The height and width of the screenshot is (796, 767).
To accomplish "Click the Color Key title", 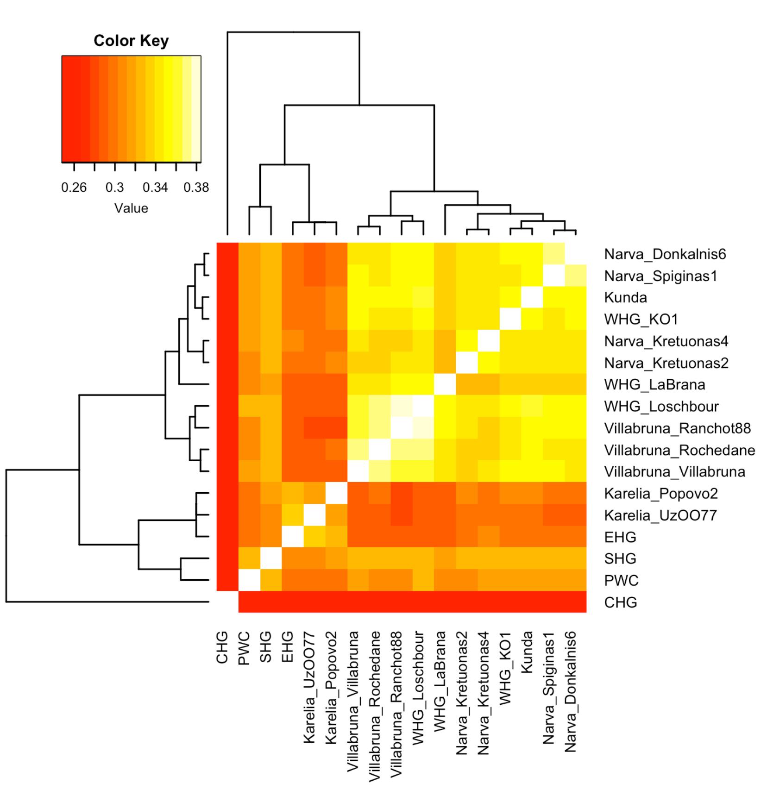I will click(131, 41).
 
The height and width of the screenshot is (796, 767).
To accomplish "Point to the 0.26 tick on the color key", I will click(74, 166).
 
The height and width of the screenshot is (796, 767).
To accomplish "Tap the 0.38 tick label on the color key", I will click(196, 188).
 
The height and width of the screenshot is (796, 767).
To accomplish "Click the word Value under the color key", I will click(131, 208).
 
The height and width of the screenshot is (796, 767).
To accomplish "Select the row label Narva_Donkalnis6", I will click(665, 254).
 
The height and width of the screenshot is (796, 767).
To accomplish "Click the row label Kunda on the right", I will click(625, 297).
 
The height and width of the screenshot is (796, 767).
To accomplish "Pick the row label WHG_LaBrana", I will click(654, 384).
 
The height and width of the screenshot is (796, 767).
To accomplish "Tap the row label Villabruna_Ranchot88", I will click(677, 428).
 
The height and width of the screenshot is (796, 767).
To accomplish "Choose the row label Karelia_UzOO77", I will click(660, 515).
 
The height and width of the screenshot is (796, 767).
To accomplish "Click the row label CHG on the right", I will click(620, 602).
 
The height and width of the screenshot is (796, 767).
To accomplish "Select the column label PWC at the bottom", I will click(244, 648).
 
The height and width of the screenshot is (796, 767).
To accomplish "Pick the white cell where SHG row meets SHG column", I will click(271, 558).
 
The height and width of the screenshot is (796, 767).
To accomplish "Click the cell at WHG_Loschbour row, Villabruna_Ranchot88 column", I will click(401, 406).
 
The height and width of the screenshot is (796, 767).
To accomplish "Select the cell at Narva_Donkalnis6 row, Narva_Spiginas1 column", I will click(553, 254).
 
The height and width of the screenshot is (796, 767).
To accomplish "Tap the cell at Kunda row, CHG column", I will click(227, 297).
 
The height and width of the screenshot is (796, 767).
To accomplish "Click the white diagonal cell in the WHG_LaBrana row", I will click(445, 384).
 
